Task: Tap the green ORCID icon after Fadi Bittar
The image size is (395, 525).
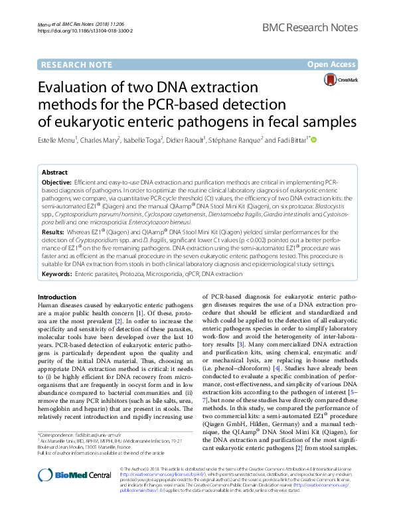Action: [x=314, y=139]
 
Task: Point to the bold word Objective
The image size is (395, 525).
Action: [x=56, y=182]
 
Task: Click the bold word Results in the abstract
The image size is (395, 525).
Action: [x=53, y=233]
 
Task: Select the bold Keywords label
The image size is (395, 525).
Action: [x=57, y=273]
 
